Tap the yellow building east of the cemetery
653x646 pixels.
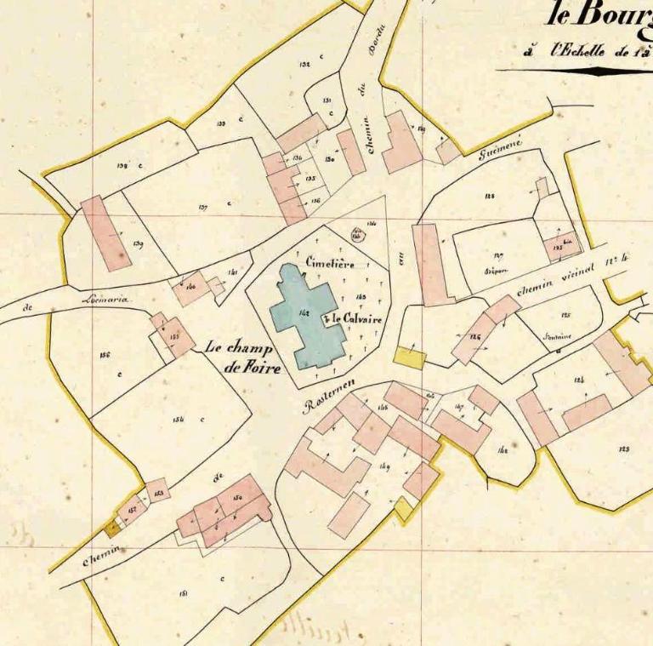pos(409,357)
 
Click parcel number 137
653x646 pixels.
pos(203,206)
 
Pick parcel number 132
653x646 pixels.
pos(304,64)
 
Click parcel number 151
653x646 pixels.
pos(184,593)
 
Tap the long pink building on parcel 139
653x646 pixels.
pos(106,233)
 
